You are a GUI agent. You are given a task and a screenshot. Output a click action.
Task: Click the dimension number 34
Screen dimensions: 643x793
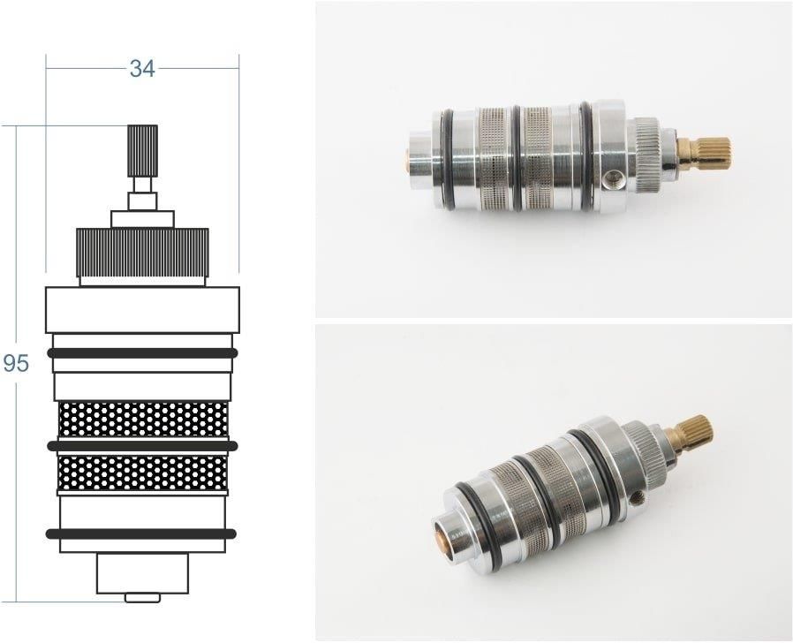coord(142,69)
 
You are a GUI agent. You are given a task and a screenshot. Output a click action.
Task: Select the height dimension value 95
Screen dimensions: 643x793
coord(16,363)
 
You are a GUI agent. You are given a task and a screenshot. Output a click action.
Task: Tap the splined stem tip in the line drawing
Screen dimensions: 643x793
coord(142,140)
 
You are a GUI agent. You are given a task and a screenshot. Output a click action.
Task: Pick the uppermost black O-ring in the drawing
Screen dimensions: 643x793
coord(142,352)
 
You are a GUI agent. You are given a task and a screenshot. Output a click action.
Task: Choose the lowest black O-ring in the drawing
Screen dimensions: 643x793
coord(142,533)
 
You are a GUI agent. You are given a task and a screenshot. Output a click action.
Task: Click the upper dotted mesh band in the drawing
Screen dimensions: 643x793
coord(142,420)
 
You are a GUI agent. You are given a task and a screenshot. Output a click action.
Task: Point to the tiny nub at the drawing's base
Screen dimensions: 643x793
coord(142,597)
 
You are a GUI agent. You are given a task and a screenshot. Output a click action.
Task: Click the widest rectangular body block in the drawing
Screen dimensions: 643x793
coord(142,309)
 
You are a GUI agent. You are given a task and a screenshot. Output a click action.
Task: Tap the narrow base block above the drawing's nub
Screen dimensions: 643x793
coord(142,574)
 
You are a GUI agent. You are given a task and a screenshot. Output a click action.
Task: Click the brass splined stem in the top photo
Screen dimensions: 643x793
coord(710,152)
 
